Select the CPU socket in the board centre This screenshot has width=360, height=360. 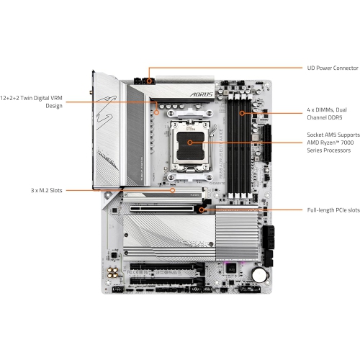point(190,143)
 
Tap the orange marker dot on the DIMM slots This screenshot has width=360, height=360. point(241,113)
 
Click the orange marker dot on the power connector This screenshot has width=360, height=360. point(149,81)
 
